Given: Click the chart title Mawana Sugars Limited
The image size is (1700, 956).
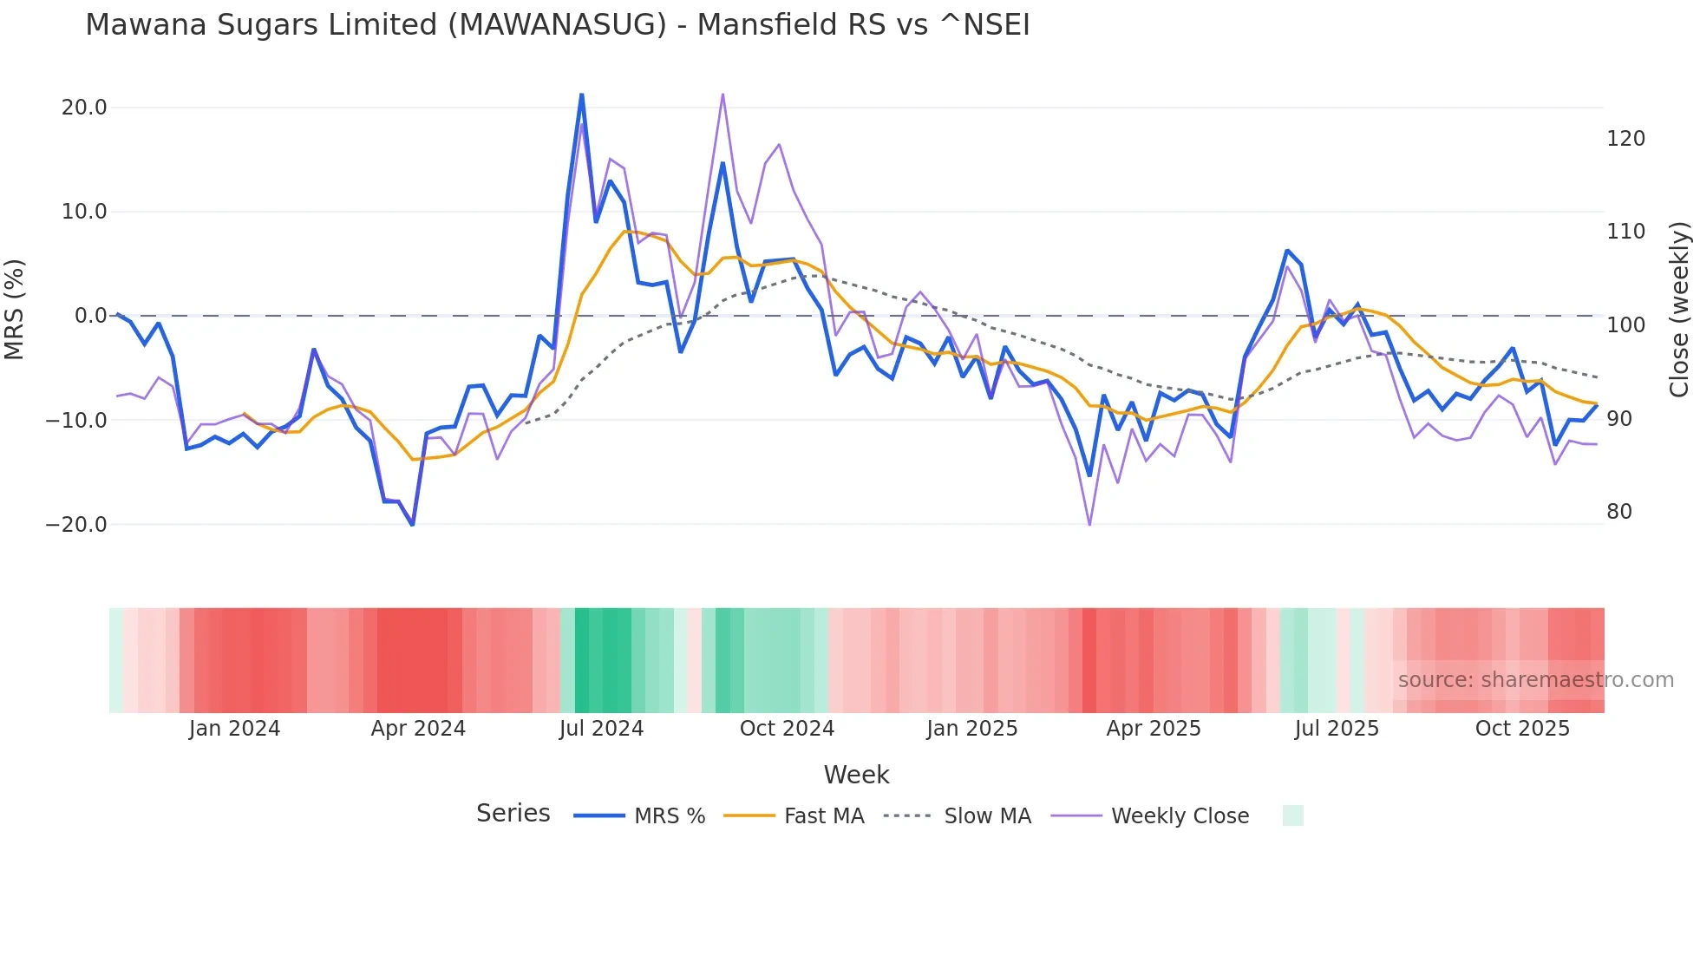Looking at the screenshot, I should point(557,25).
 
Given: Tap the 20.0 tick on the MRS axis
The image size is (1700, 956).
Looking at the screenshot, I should point(84,108).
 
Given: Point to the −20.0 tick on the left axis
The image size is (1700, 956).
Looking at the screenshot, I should point(76,525).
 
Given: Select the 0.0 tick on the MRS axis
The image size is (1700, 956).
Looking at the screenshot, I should point(90,316).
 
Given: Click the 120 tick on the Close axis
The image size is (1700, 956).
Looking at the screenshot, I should point(1625,139).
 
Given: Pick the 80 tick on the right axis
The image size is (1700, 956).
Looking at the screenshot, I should point(1619,512).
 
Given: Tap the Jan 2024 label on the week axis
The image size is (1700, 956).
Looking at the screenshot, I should point(234,729).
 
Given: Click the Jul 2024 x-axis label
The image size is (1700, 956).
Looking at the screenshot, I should point(601,729).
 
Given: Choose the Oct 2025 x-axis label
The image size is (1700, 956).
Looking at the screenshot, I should point(1522,729).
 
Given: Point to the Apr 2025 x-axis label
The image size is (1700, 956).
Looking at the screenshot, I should point(1154,729).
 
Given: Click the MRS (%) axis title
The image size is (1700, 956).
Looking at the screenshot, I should point(15,309).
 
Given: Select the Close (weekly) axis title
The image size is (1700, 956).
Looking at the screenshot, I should point(1679,309).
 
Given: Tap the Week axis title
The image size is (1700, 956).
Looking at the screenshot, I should point(856,775).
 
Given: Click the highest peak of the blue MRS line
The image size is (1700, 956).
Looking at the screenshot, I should point(581,95).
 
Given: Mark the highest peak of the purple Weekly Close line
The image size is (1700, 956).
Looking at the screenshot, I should point(722,94).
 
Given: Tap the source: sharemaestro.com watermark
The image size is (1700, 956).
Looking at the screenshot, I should point(1535,680).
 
